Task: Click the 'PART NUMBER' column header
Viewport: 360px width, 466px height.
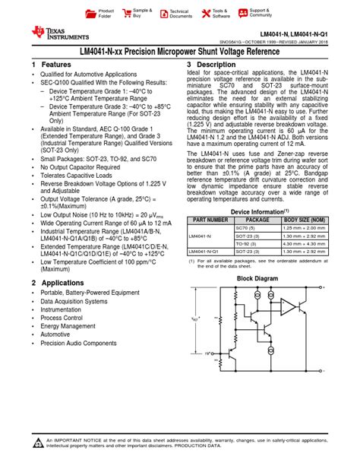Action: pos(210,220)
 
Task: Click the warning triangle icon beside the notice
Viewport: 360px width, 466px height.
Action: pos(38,443)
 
